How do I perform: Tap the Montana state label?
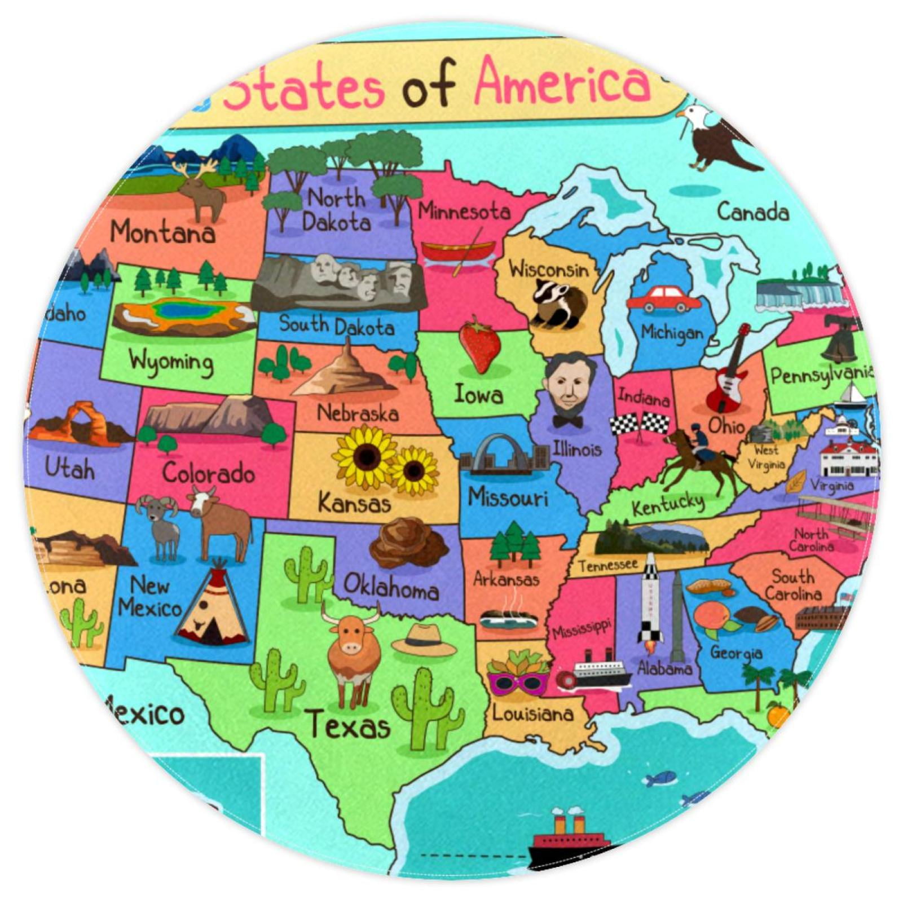162,231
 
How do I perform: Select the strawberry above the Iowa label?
479,344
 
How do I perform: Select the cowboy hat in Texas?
424,640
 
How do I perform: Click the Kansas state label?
354,502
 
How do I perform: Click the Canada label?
752,212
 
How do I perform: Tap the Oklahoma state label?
391,587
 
